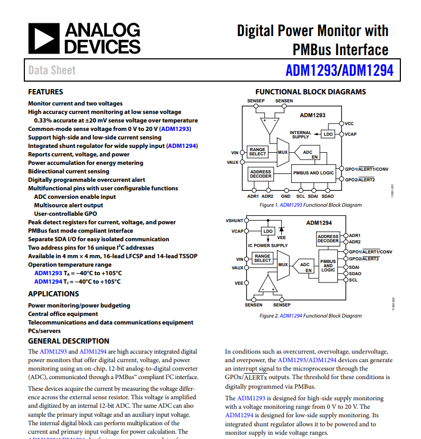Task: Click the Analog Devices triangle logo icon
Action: pyautogui.click(x=43, y=38)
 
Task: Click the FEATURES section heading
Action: pyautogui.click(x=46, y=92)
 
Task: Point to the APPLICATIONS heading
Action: pyautogui.click(x=53, y=294)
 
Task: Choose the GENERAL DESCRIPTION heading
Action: pyautogui.click(x=69, y=341)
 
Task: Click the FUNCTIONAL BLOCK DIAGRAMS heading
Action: pyautogui.click(x=310, y=92)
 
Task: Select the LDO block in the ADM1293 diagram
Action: pyautogui.click(x=328, y=134)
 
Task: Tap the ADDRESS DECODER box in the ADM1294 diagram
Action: pyautogui.click(x=328, y=239)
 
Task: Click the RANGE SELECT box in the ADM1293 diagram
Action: pyautogui.click(x=257, y=152)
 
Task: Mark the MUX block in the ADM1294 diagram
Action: pyautogui.click(x=283, y=265)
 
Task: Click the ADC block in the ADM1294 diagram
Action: pyautogui.click(x=305, y=267)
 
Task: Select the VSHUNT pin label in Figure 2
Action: pyautogui.click(x=235, y=220)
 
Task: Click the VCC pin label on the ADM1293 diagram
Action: pyautogui.click(x=349, y=124)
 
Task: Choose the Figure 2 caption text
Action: pyautogui.click(x=310, y=316)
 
